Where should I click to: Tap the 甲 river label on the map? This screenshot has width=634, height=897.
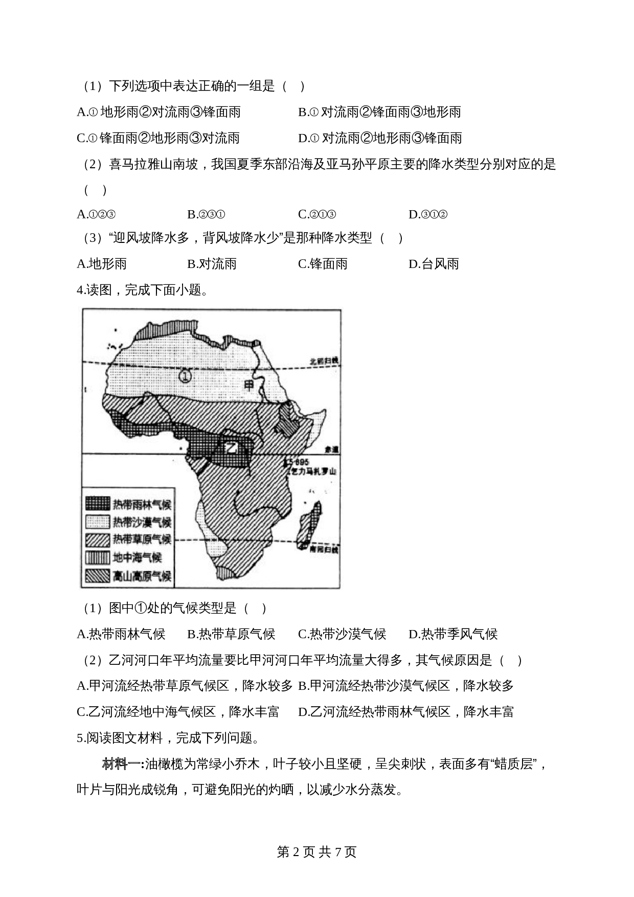250,385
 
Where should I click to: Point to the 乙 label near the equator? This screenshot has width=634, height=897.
231,448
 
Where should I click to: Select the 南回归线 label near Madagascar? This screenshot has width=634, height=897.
324,550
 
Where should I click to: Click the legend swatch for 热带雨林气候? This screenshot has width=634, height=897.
98,504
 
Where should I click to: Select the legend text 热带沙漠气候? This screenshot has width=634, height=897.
142,522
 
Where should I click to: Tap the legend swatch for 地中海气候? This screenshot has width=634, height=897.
98,557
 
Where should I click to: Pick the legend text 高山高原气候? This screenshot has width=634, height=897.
142,576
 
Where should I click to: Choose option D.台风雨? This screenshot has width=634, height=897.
434,264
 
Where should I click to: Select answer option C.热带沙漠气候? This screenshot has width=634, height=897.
342,634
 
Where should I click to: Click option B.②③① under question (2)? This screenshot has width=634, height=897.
206,214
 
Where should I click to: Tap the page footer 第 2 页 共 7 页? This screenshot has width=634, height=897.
316,851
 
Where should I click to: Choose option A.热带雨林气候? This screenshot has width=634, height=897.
121,634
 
